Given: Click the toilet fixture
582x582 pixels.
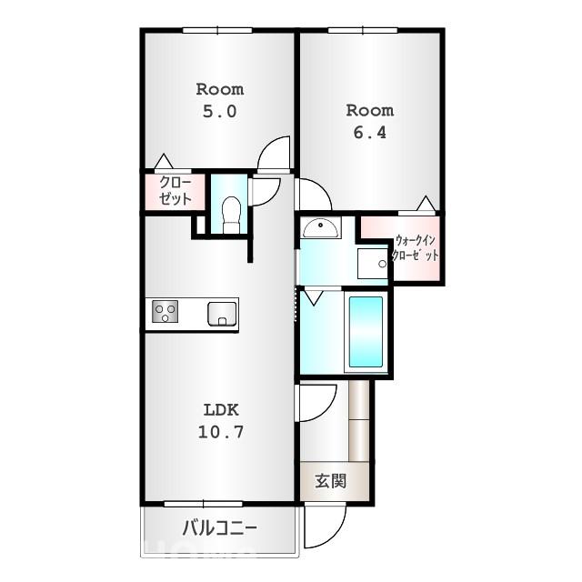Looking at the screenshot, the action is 230,215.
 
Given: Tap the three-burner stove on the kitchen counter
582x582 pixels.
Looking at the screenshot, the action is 165,311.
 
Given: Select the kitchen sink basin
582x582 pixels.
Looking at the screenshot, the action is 222,314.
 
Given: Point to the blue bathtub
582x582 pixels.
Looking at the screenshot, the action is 366,331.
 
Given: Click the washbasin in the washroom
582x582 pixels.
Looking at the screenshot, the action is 321,228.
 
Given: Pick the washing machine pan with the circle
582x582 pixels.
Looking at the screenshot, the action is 373,264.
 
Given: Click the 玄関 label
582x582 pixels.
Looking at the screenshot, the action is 331,481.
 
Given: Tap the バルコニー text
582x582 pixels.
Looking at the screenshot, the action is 220,527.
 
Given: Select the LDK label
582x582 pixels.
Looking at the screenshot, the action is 221,410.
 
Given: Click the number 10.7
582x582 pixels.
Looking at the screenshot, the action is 221,432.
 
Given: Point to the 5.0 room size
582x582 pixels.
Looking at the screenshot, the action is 220,111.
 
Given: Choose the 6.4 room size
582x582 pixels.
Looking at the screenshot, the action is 370,133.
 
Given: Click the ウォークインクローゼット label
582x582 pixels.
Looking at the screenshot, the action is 416,247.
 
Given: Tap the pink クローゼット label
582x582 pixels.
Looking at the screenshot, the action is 176,190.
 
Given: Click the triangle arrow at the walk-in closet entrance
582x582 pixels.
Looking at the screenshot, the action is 426,204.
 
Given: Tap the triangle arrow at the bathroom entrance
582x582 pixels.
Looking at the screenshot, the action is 313,298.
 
